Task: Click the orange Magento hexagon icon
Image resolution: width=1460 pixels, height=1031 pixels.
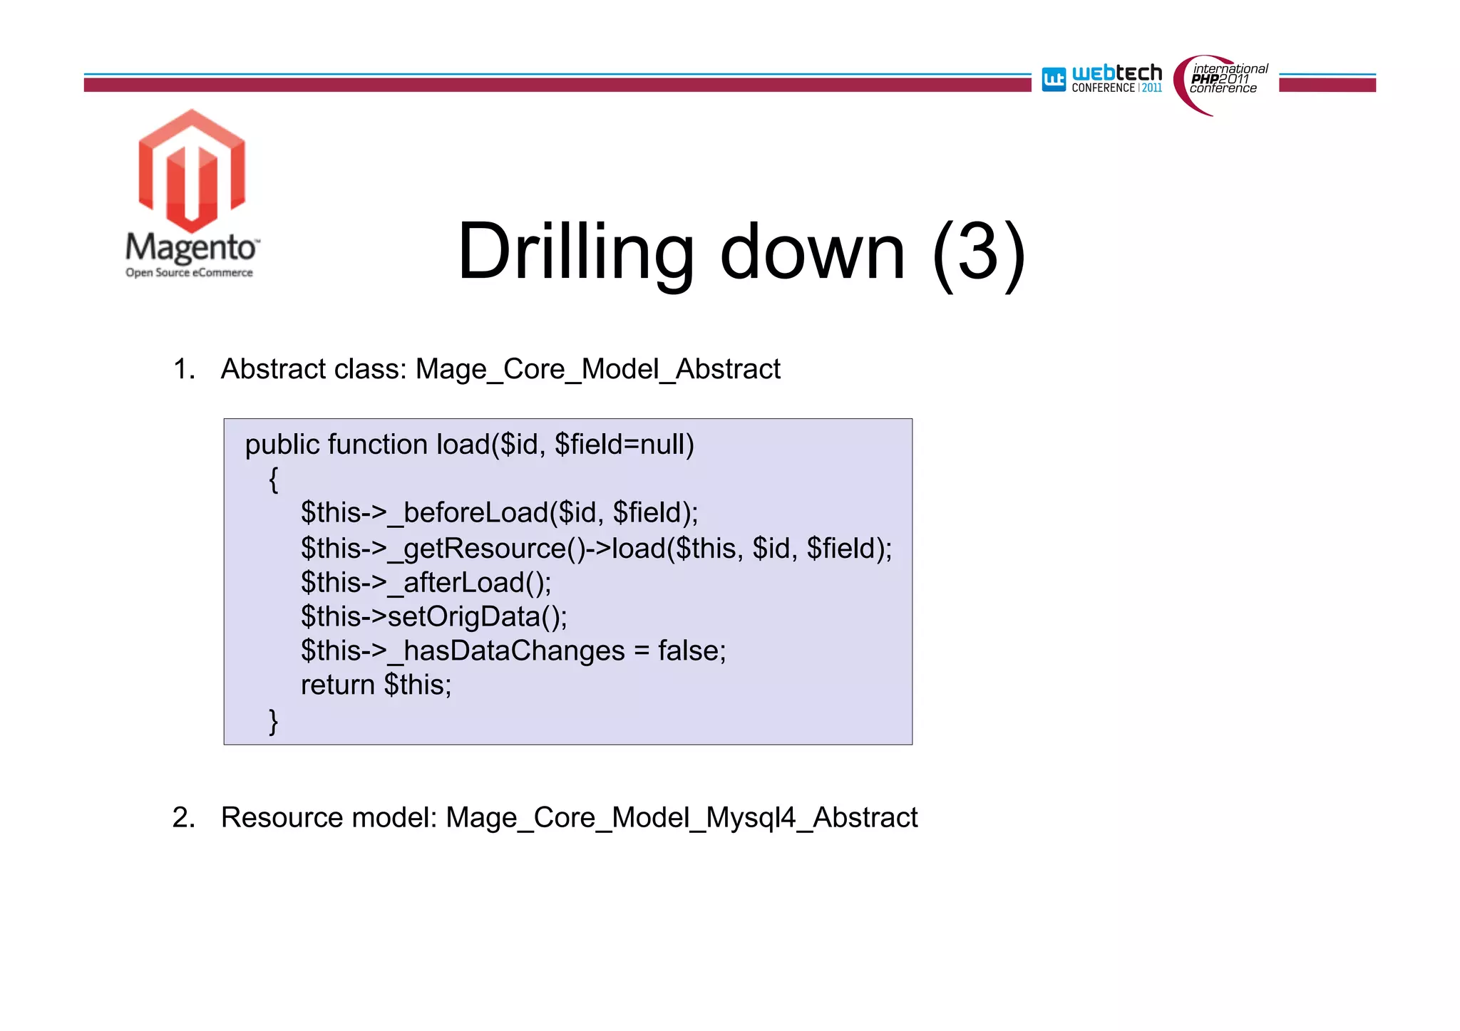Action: click(x=192, y=171)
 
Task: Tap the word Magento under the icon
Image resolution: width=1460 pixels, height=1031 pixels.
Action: click(x=191, y=247)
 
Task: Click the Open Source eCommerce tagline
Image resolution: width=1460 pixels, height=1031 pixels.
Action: click(x=189, y=273)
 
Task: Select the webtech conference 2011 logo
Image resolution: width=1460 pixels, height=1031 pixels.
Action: click(x=1102, y=78)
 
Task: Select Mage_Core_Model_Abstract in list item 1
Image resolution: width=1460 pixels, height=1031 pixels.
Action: click(x=597, y=369)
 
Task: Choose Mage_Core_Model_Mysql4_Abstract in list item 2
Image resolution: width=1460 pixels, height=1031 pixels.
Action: click(x=682, y=817)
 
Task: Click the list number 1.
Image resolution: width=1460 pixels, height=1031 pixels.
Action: click(x=183, y=369)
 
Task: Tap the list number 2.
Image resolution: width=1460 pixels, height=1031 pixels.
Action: click(x=183, y=817)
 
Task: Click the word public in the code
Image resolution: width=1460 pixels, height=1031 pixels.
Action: click(x=282, y=445)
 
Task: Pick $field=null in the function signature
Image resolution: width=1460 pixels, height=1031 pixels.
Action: click(x=624, y=445)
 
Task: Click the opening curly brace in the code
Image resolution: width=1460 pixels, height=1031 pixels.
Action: click(x=273, y=479)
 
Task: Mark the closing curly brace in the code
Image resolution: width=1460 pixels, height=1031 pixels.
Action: click(x=273, y=720)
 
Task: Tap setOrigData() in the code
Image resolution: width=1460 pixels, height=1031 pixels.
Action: click(x=476, y=616)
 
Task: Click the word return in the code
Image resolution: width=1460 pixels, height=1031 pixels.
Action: click(x=338, y=685)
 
